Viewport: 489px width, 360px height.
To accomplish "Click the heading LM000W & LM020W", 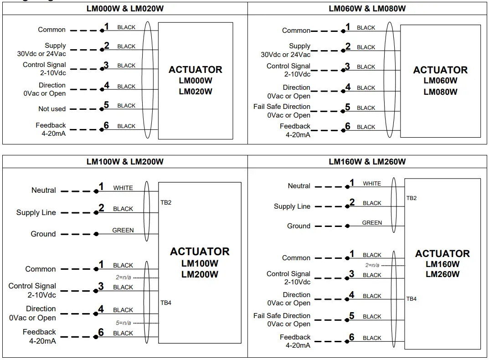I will (125, 8).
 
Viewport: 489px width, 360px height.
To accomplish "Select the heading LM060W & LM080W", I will (367, 8).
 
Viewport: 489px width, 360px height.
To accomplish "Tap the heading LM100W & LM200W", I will (125, 161).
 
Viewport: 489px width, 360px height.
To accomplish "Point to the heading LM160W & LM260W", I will (367, 161).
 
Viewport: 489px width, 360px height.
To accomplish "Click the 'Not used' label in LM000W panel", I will (52, 109).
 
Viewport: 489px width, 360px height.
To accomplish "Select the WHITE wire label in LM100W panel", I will (123, 188).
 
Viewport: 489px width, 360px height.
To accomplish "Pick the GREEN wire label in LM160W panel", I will (372, 223).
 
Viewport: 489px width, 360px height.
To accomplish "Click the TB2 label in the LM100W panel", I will (166, 202).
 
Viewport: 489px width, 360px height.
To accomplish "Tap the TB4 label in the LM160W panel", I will (411, 299).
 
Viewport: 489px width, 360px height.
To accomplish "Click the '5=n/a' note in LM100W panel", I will (123, 323).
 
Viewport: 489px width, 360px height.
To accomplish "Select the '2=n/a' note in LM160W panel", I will (372, 265).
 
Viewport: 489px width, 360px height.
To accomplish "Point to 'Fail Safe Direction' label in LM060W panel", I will (282, 107).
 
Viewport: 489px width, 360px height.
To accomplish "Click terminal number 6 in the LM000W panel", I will (106, 126).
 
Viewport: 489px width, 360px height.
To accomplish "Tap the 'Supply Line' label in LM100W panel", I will (36, 212).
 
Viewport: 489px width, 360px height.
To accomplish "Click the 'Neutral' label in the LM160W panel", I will (299, 186).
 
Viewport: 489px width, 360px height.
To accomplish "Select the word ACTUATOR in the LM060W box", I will (440, 70).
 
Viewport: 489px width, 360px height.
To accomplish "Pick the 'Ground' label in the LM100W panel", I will (43, 234).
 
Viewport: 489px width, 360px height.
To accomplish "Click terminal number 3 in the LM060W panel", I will (347, 67).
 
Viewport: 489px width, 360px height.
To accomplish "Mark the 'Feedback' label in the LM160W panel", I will (295, 337).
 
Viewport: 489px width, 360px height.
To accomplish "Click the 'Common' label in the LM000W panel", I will (51, 30).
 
